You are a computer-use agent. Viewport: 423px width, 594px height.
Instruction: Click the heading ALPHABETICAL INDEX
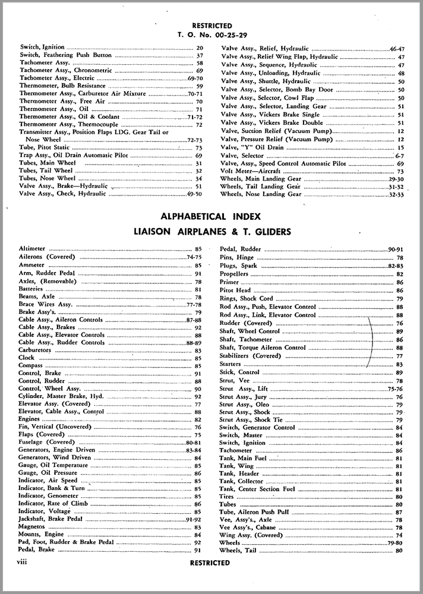click(x=211, y=217)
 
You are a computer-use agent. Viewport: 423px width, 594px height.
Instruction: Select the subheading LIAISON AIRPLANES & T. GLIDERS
click(x=211, y=232)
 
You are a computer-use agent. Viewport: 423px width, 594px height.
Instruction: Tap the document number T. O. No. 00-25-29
click(x=211, y=33)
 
